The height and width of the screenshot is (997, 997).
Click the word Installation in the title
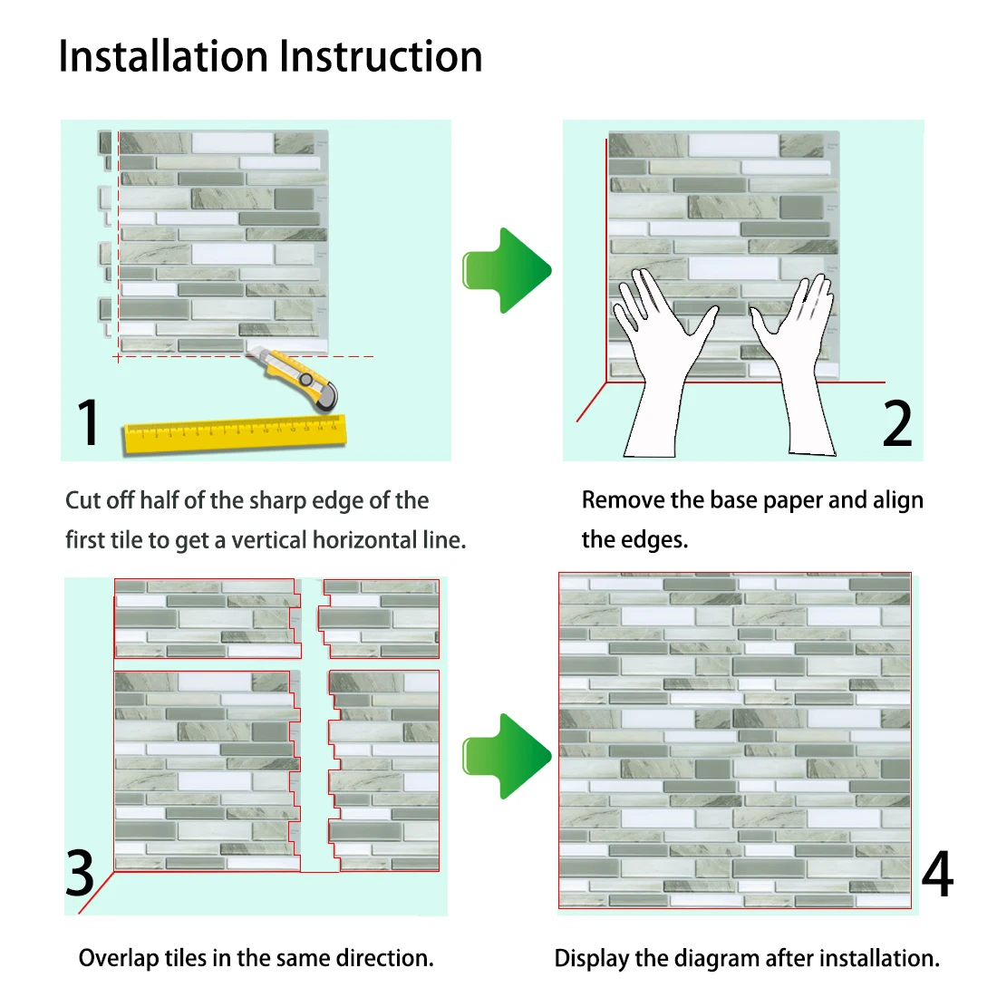[164, 56]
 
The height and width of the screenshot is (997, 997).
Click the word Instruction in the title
[381, 56]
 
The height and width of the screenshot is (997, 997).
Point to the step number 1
[88, 422]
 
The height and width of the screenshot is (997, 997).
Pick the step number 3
[80, 873]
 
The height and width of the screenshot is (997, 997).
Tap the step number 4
[937, 875]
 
